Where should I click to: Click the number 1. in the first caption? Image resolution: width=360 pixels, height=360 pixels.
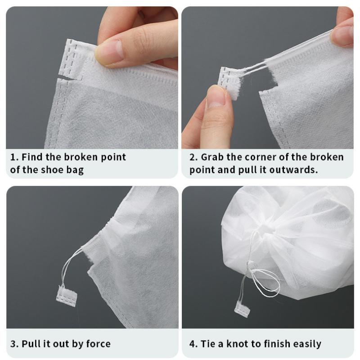(x=14, y=157)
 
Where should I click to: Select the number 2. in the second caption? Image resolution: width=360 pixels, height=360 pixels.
(x=193, y=157)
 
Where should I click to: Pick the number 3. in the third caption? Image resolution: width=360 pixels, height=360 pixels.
(x=14, y=344)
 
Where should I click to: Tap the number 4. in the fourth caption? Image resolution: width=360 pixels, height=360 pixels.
(x=193, y=344)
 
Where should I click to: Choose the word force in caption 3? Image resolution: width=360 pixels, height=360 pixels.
(x=98, y=344)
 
